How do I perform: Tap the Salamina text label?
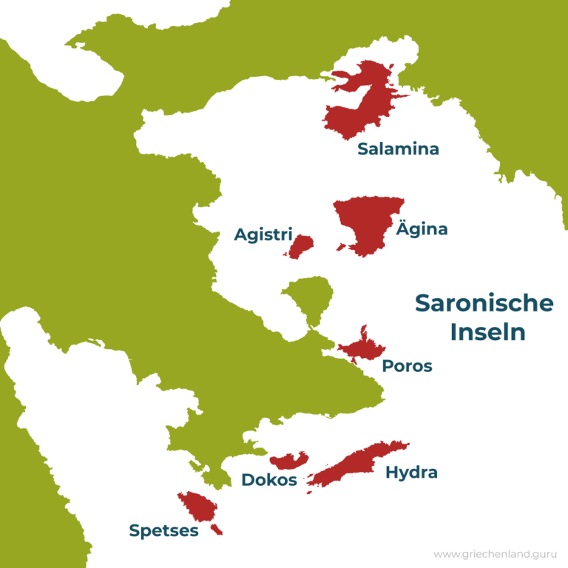click(398, 149)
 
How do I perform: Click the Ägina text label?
click(422, 229)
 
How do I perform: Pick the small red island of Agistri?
click(301, 246)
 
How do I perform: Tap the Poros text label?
click(407, 366)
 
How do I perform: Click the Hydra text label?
click(411, 473)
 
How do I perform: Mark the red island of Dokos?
click(288, 461)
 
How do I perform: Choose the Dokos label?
click(269, 480)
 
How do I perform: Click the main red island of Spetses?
click(197, 506)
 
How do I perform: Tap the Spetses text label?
click(163, 530)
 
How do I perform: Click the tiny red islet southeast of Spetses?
click(216, 530)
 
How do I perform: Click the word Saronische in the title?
click(484, 303)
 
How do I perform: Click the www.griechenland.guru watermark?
click(496, 553)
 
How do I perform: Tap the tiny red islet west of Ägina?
click(340, 247)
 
